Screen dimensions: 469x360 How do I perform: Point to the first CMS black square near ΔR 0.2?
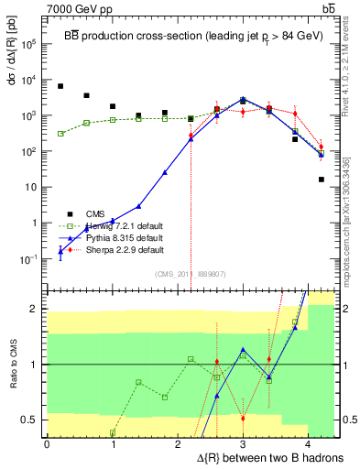(60, 86)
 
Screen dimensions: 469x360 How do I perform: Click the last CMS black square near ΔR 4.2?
(322, 180)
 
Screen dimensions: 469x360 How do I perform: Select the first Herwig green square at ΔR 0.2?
(60, 134)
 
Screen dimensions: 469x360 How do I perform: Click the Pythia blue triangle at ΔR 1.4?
(138, 206)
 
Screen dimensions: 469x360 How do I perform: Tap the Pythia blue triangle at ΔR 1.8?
(165, 172)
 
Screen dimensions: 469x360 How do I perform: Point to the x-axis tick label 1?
(113, 444)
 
